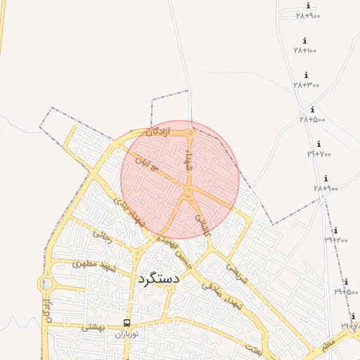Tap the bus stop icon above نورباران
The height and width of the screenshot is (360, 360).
[127, 323]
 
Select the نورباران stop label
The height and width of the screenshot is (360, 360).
[127, 334]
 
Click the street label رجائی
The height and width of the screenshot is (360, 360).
[102, 237]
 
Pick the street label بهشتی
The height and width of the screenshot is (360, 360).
[93, 327]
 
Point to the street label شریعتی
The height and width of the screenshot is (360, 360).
[236, 273]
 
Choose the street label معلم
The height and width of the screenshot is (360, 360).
[328, 344]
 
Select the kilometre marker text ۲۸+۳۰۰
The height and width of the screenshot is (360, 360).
[307, 85]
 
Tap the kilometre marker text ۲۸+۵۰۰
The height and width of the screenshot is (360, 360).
[312, 120]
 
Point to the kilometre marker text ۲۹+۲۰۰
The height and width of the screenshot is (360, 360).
[336, 240]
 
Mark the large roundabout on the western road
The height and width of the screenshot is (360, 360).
[47, 285]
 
